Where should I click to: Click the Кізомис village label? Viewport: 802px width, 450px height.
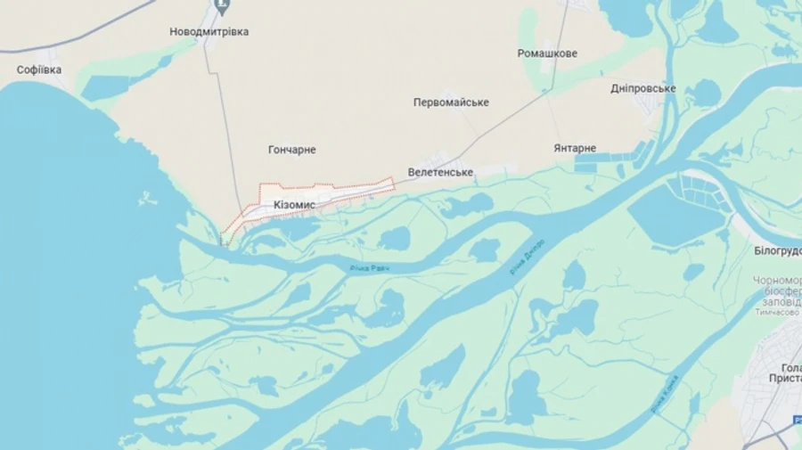[294, 204]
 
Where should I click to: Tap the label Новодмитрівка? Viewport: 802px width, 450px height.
[209, 31]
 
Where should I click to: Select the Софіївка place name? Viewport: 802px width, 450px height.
[39, 70]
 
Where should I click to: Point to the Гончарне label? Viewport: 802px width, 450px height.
[292, 150]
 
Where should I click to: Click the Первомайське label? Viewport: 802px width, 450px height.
[451, 102]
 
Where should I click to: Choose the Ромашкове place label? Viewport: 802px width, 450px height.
[547, 53]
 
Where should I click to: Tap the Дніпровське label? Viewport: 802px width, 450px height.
[642, 88]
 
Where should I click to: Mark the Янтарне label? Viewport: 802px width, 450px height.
[575, 148]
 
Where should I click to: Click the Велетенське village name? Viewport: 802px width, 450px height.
[440, 172]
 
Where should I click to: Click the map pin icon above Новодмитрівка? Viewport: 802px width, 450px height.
[223, 8]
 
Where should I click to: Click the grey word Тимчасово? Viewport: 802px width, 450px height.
[777, 312]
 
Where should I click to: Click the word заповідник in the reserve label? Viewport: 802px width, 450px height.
[778, 301]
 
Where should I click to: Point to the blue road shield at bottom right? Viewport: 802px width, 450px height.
[796, 419]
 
